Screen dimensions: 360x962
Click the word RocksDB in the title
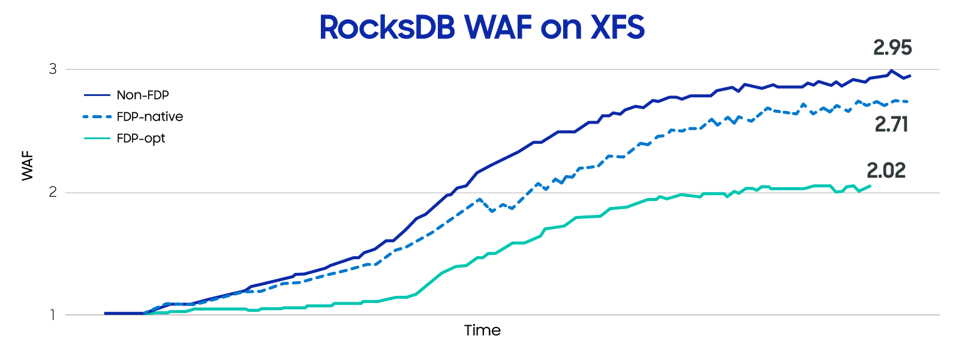pos(387,27)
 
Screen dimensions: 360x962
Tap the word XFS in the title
pos(618,27)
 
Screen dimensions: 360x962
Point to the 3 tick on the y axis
pos(53,69)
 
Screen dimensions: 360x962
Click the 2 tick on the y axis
pos(53,192)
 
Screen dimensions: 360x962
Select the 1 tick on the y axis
pos(53,315)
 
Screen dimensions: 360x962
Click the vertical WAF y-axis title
pos(28,166)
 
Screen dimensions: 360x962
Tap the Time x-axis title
pos(482,330)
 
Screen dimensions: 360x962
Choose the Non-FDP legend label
pos(143,95)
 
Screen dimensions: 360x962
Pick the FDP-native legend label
pos(150,116)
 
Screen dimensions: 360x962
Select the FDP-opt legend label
pos(141,139)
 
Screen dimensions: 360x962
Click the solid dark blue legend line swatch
pos(97,95)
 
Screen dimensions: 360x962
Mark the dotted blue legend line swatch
pos(97,116)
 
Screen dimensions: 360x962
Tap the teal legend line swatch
pos(97,139)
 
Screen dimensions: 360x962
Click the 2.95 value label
pos(892,47)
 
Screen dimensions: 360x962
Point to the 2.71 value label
pos(891,124)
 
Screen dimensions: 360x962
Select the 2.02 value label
pos(886,170)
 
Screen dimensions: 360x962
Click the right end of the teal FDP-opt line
pos(870,186)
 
